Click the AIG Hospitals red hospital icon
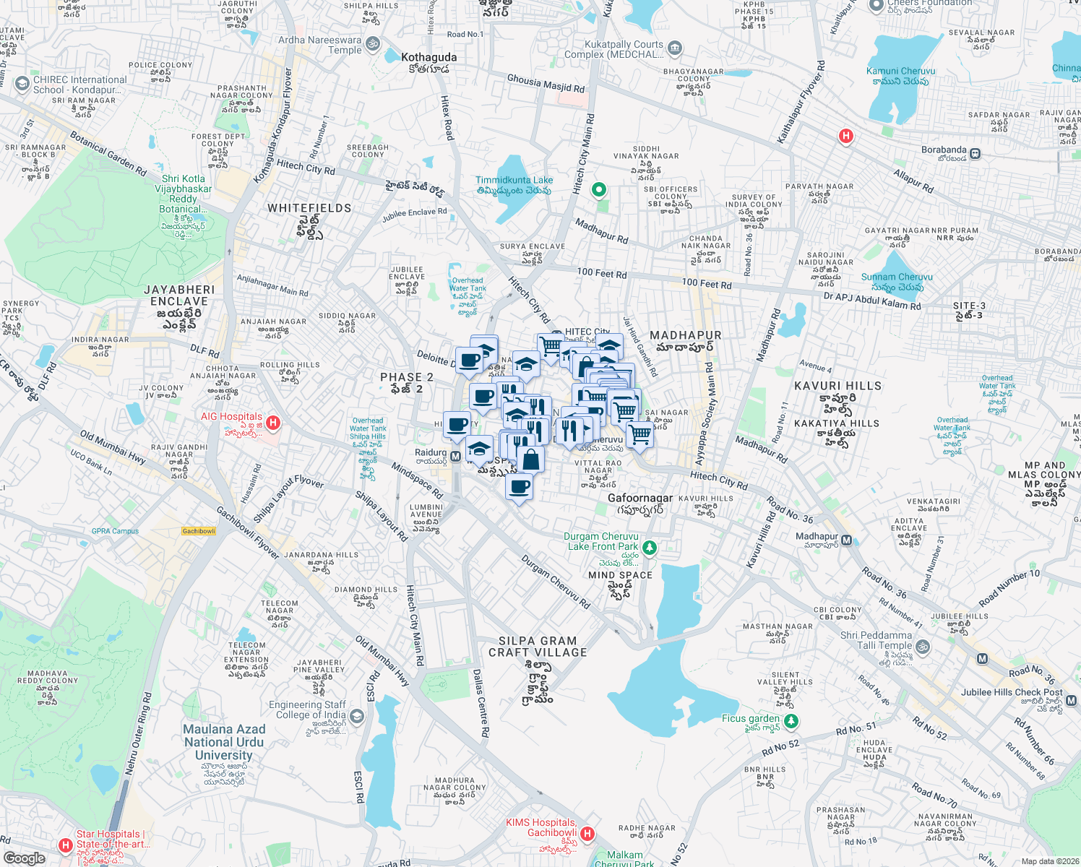point(272,422)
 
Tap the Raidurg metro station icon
point(456,457)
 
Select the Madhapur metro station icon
point(846,540)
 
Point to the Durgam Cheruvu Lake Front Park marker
point(650,548)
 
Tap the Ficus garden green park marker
point(791,721)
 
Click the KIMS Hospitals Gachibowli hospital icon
point(587,834)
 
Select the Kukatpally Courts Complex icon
point(675,48)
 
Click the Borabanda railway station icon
point(975,153)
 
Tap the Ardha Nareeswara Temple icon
point(373,45)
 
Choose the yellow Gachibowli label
point(199,531)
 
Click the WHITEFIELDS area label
point(309,208)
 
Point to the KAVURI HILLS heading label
point(837,386)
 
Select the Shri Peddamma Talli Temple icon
point(922,646)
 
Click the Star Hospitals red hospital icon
point(65,845)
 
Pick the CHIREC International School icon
point(22,84)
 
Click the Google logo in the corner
point(24,858)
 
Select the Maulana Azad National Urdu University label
point(224,742)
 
